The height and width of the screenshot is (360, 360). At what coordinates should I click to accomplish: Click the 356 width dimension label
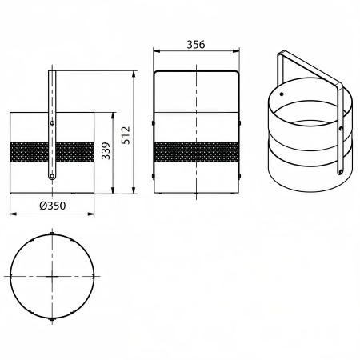(x=196, y=45)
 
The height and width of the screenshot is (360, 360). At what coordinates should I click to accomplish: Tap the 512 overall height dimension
(x=126, y=135)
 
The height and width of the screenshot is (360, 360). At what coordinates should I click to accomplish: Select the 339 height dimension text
(x=106, y=151)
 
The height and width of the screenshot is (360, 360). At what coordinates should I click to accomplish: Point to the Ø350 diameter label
(x=53, y=206)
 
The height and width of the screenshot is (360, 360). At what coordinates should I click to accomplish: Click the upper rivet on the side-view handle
(x=52, y=123)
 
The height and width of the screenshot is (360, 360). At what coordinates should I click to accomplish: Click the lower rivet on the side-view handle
(x=52, y=176)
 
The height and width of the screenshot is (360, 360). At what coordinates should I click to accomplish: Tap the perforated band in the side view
(x=52, y=152)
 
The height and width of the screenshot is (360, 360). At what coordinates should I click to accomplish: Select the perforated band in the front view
(x=196, y=152)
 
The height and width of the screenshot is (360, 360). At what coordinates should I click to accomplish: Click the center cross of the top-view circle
(x=52, y=276)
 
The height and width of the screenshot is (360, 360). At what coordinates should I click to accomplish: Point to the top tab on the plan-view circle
(x=52, y=234)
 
